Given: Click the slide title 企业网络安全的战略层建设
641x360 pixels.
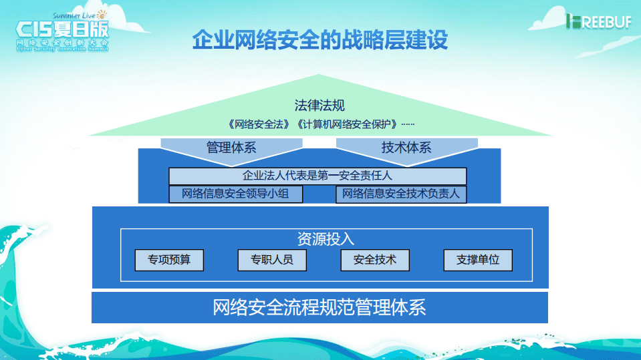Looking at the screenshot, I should tap(320, 39).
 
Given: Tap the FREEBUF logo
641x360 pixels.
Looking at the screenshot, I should tap(596, 21).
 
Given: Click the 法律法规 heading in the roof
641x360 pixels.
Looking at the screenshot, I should tap(319, 106).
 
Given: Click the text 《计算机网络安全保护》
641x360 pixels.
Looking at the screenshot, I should tap(347, 124).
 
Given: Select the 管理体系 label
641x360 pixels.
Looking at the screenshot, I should tap(231, 148).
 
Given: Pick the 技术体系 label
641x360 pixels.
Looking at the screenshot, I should tap(406, 148).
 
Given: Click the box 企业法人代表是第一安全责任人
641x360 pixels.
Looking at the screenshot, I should tap(317, 176).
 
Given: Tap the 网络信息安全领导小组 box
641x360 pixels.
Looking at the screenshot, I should tap(235, 194).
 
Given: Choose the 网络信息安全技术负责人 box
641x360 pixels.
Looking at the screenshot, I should tap(401, 194).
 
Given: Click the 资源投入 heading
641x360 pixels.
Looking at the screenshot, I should tap(326, 239).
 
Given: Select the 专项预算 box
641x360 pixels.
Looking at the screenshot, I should tap(168, 260).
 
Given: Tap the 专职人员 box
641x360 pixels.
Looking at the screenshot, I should tap(271, 260).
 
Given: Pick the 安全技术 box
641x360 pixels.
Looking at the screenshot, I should tap(374, 260).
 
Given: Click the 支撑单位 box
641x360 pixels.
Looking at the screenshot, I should tap(477, 260).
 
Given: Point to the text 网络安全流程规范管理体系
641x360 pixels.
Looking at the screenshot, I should tap(319, 308).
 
